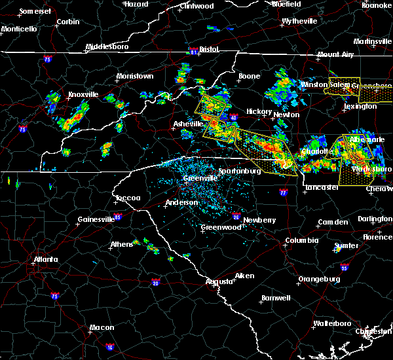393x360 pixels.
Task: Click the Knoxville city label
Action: tap(83, 95)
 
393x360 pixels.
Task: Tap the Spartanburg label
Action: tap(240, 171)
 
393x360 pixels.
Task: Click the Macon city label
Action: tap(101, 327)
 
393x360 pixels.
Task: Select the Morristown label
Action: tap(135, 77)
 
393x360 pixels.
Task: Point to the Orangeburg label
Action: tap(319, 279)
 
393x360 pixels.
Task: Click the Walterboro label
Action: tap(333, 323)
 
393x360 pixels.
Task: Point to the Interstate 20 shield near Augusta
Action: tap(155, 283)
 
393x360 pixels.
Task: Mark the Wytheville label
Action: tap(299, 21)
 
